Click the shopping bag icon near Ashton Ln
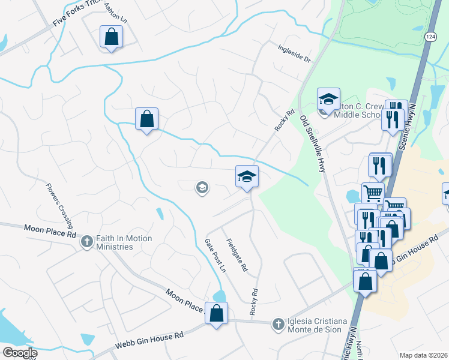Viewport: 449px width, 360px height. pyautogui.click(x=112, y=37)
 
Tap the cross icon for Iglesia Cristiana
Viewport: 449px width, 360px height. pyautogui.click(x=278, y=325)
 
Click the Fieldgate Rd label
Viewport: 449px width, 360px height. pyautogui.click(x=237, y=256)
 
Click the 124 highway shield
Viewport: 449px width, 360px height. pyautogui.click(x=431, y=37)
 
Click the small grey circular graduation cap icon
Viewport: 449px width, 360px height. pyautogui.click(x=202, y=188)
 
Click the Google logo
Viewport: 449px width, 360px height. pyautogui.click(x=19, y=353)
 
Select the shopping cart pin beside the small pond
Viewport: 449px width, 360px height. pyautogui.click(x=373, y=193)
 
